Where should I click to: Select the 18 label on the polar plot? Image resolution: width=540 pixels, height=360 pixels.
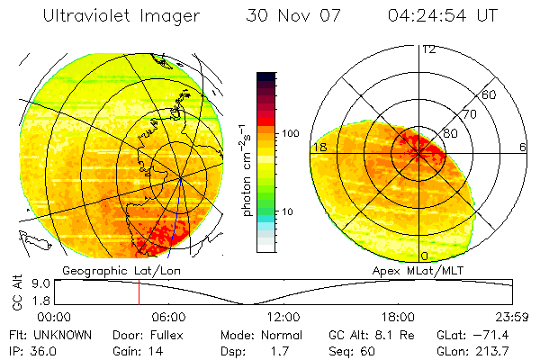[x=318, y=147]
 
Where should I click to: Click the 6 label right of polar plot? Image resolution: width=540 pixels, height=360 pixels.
[x=523, y=147]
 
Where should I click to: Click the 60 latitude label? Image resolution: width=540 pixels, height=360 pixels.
[x=490, y=94]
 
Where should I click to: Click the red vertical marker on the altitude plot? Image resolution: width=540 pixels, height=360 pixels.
[x=139, y=292]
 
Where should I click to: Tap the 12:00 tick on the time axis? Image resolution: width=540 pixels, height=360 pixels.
[x=284, y=318]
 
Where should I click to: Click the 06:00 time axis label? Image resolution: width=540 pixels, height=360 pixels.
[x=169, y=318]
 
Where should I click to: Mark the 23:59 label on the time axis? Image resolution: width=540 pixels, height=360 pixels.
[x=513, y=318]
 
